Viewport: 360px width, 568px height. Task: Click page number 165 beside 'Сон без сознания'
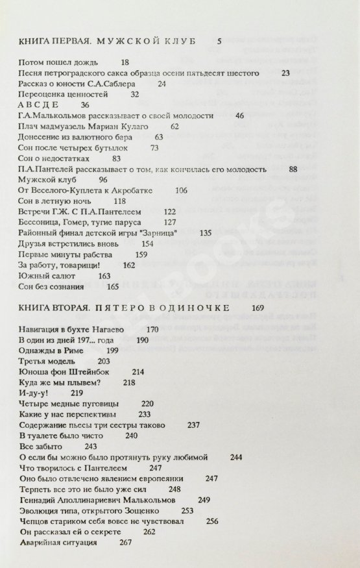click(113, 286)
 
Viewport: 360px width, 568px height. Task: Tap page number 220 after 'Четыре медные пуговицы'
click(148, 404)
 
